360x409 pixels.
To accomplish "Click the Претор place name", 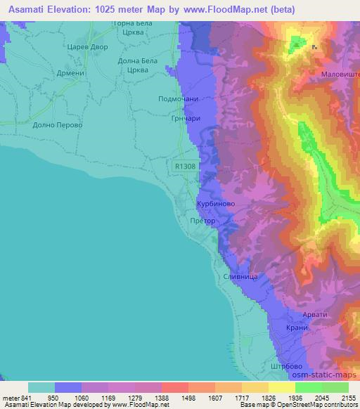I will tap(203, 220).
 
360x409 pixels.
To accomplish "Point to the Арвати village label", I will tap(314, 314).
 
